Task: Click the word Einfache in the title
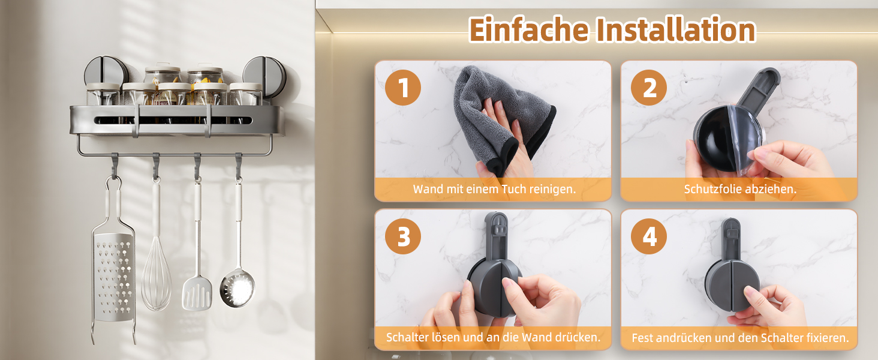click(x=529, y=29)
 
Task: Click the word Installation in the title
click(x=676, y=29)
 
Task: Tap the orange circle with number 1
click(x=403, y=88)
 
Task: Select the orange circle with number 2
click(x=649, y=88)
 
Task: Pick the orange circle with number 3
click(x=403, y=236)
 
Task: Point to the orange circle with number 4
click(x=649, y=236)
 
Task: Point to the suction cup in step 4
click(x=732, y=286)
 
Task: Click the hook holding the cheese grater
click(x=115, y=165)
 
